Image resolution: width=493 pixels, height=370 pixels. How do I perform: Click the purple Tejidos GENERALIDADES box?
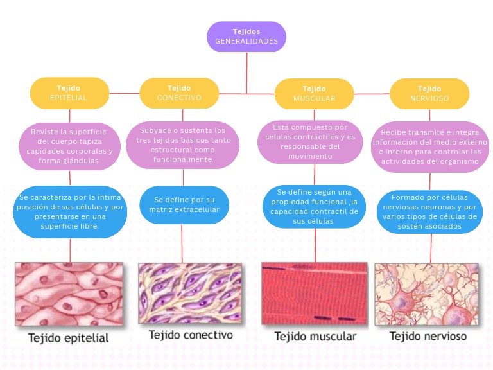click(x=246, y=37)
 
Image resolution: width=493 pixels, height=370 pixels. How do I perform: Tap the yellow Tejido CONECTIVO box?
click(x=179, y=93)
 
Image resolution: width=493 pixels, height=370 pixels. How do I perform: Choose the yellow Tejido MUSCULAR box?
click(x=314, y=94)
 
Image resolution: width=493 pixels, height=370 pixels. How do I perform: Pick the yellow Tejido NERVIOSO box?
click(x=429, y=93)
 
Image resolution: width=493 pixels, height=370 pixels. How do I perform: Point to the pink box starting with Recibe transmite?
click(x=429, y=146)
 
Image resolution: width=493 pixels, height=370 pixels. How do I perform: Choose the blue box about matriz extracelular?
click(x=183, y=204)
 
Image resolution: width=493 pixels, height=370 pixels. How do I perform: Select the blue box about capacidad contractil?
click(x=315, y=206)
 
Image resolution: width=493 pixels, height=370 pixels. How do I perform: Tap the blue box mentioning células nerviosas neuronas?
click(x=429, y=211)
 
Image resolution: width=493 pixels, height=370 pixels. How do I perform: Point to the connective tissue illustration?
click(x=189, y=293)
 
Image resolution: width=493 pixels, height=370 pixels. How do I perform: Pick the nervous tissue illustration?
click(x=427, y=294)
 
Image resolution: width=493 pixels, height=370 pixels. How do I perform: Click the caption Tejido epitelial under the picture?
click(x=68, y=337)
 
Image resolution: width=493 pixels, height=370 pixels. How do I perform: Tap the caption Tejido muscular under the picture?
click(x=315, y=337)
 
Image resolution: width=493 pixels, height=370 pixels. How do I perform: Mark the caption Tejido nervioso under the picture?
click(x=428, y=336)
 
